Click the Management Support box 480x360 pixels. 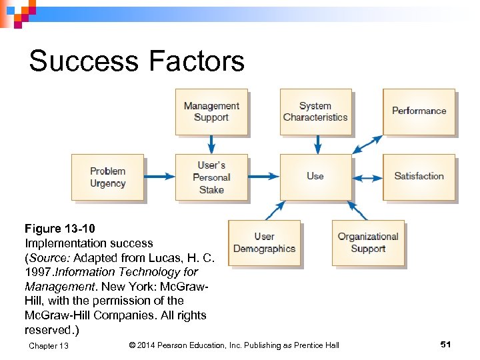211,111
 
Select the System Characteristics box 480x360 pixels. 315,111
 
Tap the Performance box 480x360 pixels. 419,111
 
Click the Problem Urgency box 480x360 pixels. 107,177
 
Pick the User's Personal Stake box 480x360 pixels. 211,177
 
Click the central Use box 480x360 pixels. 315,177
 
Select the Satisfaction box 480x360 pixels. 419,177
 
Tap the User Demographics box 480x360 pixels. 264,243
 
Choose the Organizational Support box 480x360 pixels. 368,243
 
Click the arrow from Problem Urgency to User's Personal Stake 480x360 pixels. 159,177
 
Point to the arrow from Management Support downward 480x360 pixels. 211,144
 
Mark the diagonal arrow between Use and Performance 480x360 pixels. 367,145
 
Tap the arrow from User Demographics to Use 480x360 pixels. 275,210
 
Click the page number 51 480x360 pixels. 446,344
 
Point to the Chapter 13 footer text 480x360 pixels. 49,345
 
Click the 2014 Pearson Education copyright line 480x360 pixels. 233,345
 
